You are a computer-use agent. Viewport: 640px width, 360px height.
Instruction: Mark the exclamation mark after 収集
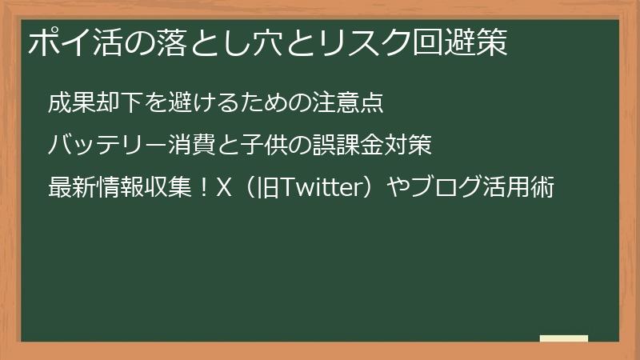tap(204, 189)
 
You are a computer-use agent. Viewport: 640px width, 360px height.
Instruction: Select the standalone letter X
tap(225, 189)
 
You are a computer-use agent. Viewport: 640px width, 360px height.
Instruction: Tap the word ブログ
tap(445, 189)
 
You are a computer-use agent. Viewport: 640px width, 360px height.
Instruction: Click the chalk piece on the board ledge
tap(564, 339)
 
